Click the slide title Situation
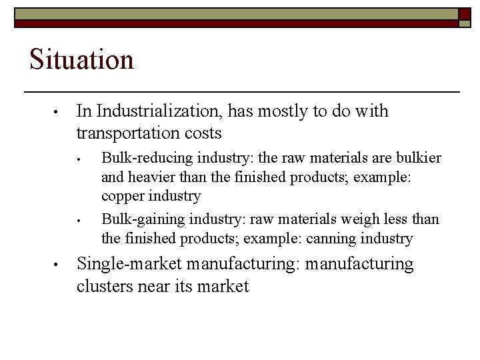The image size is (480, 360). (x=81, y=59)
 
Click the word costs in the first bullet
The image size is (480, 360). (x=205, y=133)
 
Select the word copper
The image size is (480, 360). (x=123, y=197)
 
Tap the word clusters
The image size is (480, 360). (x=105, y=286)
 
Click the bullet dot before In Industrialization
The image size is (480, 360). (x=59, y=111)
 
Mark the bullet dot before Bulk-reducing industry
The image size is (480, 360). (x=79, y=159)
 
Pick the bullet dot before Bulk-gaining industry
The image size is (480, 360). (x=79, y=219)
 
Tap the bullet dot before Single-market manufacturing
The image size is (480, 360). (x=59, y=265)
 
